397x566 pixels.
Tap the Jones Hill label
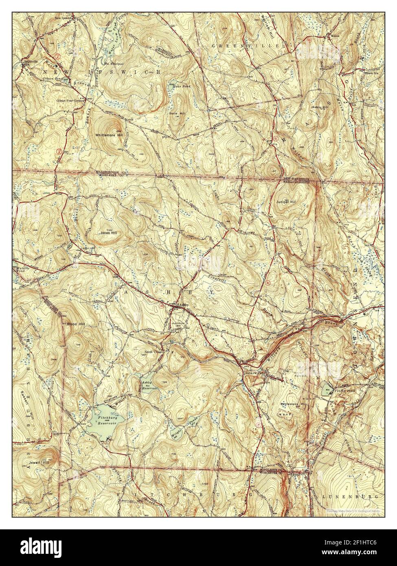tap(109, 233)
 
